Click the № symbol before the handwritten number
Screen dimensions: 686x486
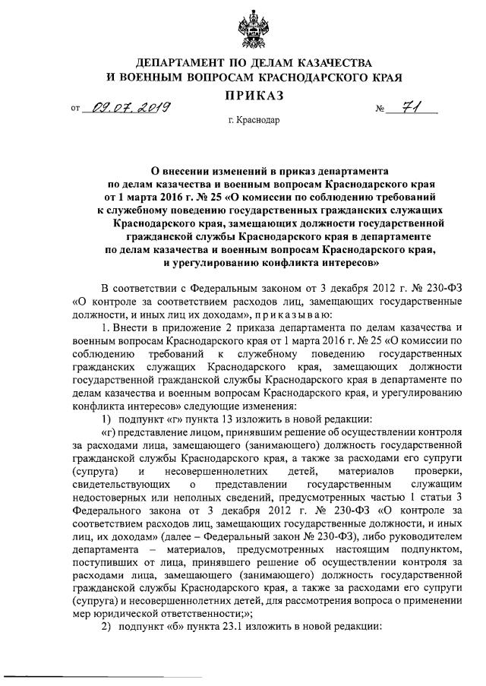coord(381,111)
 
